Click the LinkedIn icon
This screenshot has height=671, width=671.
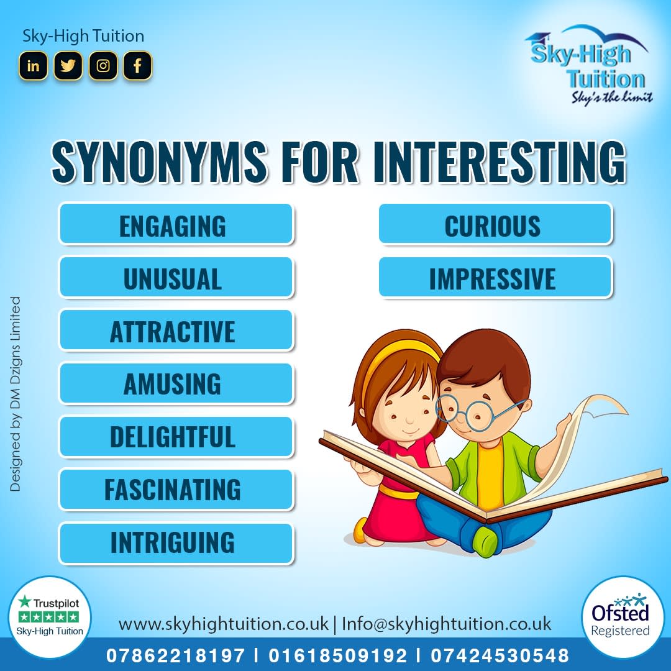pyautogui.click(x=33, y=66)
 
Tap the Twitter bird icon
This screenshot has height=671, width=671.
pyautogui.click(x=68, y=66)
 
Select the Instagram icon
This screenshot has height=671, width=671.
pyautogui.click(x=103, y=66)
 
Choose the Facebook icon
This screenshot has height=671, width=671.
pyautogui.click(x=137, y=66)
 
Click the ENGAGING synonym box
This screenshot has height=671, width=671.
pyautogui.click(x=176, y=224)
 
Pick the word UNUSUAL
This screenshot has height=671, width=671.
pyautogui.click(x=173, y=278)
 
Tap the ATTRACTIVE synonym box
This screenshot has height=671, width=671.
pyautogui.click(x=173, y=331)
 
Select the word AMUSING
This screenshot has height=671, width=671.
pyautogui.click(x=173, y=384)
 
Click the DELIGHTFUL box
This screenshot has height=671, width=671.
pyautogui.click(x=173, y=437)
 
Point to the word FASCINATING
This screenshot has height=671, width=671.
pyautogui.click(x=173, y=490)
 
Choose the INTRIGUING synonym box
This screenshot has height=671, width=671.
pyautogui.click(x=173, y=543)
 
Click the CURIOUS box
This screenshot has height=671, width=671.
pyautogui.click(x=493, y=224)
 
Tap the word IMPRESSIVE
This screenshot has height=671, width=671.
pyautogui.click(x=493, y=278)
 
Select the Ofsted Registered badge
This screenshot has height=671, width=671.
pyautogui.click(x=620, y=616)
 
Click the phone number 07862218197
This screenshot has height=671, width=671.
pyautogui.click(x=176, y=655)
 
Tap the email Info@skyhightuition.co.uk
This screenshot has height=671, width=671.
pyautogui.click(x=446, y=623)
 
